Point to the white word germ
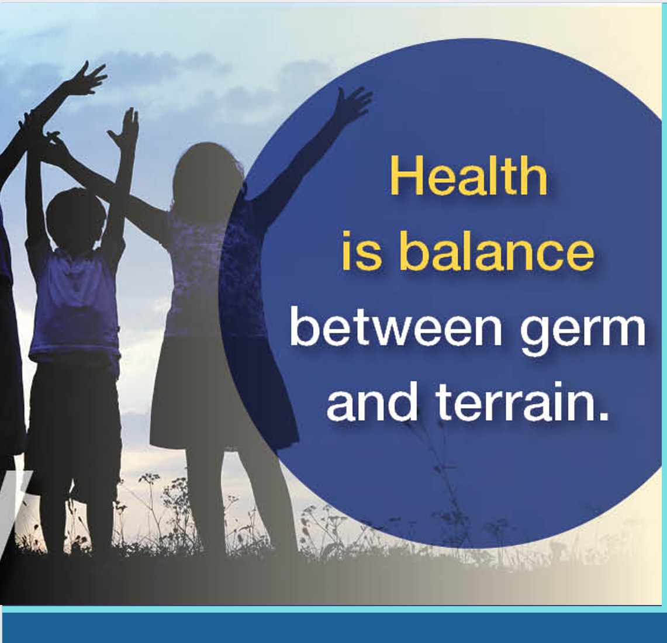tap(583, 334)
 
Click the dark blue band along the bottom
tap(333, 628)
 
